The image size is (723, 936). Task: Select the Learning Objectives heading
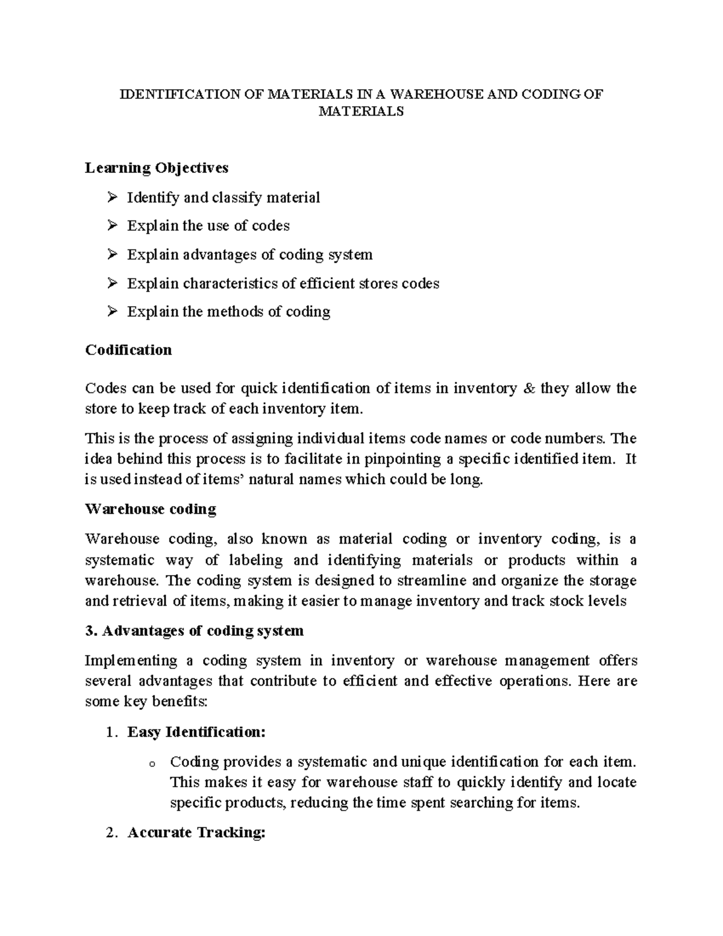[x=157, y=168]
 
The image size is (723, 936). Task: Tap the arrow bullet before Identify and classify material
[x=111, y=197]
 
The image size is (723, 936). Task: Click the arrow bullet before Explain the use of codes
[x=111, y=225]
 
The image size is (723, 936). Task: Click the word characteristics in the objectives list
[x=231, y=283]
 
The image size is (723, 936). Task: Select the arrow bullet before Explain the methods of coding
[x=111, y=312]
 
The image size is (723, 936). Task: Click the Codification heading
[x=128, y=350]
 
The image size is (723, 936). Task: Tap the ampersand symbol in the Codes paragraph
[x=530, y=389]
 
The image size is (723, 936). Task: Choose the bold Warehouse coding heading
[x=151, y=509]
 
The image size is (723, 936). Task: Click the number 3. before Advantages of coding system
[x=91, y=631]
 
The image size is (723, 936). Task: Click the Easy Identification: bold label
[x=196, y=732]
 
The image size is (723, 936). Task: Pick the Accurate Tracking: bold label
[x=196, y=833]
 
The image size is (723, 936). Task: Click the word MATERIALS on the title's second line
[x=361, y=112]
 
